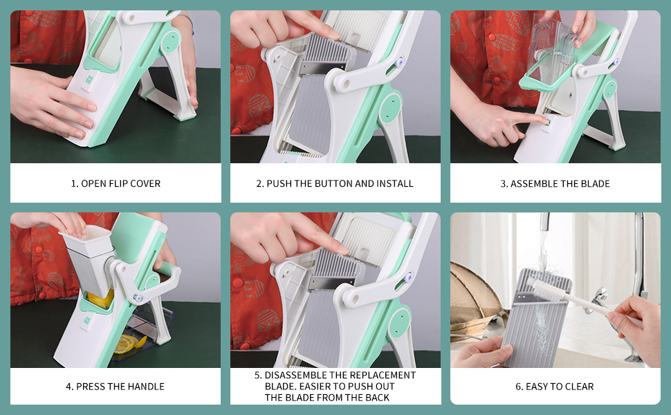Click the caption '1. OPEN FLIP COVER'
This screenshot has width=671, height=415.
pos(116,183)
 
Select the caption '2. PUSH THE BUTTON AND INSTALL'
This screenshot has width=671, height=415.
pos(335,183)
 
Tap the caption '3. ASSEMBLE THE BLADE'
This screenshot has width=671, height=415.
pos(555,184)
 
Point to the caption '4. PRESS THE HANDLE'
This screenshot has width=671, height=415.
pos(115,387)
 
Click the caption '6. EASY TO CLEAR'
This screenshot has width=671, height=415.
pos(555,387)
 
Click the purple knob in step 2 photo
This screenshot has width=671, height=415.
pos(400,62)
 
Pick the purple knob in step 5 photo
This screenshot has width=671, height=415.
pos(409,277)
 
